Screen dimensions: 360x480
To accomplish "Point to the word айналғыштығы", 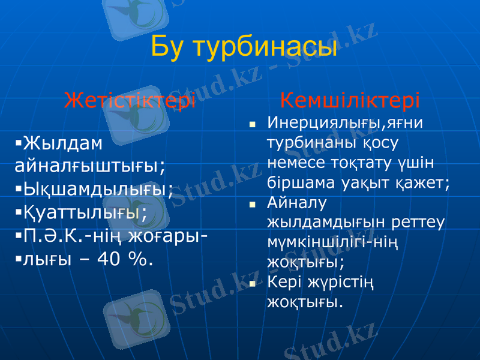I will [91, 165].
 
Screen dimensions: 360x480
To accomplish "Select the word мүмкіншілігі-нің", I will [334, 242].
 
